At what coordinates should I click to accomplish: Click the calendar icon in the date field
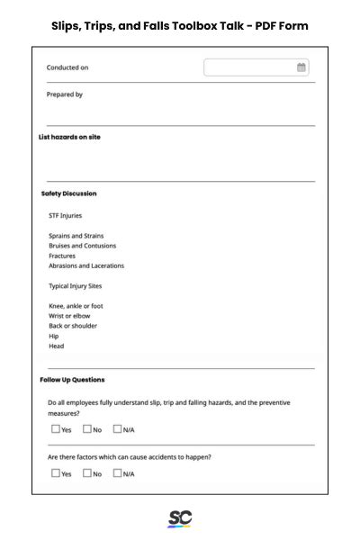tap(301, 67)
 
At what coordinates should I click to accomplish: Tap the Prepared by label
tap(65, 94)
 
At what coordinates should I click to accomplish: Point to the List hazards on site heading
tap(69, 137)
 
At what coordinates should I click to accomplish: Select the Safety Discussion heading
tap(69, 193)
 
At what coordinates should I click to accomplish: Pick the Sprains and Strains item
tap(76, 236)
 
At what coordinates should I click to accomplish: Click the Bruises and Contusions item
tap(82, 246)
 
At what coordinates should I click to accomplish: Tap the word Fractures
tap(62, 256)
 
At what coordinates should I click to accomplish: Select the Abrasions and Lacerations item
tap(86, 265)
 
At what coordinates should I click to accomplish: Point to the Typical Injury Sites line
tap(75, 286)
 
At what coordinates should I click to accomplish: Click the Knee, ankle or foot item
tap(76, 306)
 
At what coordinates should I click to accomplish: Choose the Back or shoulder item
tap(74, 326)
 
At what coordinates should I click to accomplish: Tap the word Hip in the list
tap(54, 336)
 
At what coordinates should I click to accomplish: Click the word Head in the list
tap(57, 346)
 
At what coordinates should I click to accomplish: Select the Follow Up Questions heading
tap(72, 380)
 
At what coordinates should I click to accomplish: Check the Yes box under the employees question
tap(56, 429)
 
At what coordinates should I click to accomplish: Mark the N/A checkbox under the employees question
tap(117, 429)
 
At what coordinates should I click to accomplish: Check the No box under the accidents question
tap(87, 473)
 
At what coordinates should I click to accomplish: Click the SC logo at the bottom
tap(180, 519)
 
